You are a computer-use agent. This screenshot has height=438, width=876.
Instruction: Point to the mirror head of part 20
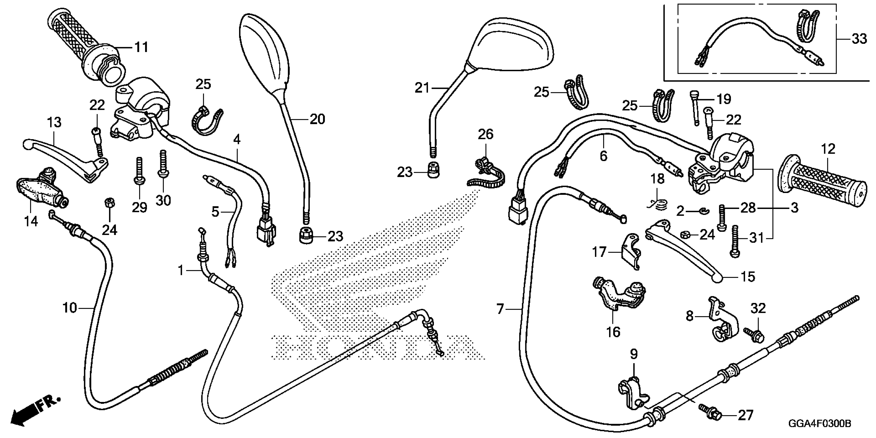click(x=266, y=54)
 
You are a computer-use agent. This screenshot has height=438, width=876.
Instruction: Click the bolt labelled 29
click(x=139, y=172)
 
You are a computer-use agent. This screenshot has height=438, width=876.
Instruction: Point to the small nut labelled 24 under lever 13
click(x=109, y=203)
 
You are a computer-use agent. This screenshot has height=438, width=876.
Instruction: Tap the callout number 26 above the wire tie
click(x=485, y=134)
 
